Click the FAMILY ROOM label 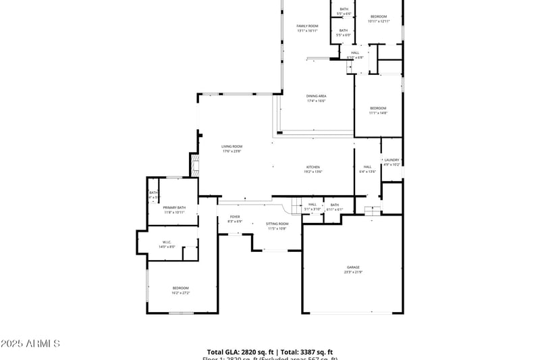point(307,26)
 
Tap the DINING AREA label point(317,96)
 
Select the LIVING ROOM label point(232,146)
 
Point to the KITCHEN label point(313,167)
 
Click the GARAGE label point(353,267)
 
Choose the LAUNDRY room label point(391,160)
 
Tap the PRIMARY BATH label point(173,207)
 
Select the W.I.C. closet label point(167,242)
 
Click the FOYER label point(234,217)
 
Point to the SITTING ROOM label point(277,223)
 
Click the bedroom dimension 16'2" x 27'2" point(180,293)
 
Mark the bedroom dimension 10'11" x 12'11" point(379,22)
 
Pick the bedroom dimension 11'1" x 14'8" point(378,113)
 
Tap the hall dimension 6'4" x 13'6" point(367,172)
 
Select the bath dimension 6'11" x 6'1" point(335,209)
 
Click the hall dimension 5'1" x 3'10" point(312,209)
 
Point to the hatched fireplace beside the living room point(194,162)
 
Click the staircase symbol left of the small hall point(296,205)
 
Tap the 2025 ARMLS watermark point(30,344)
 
